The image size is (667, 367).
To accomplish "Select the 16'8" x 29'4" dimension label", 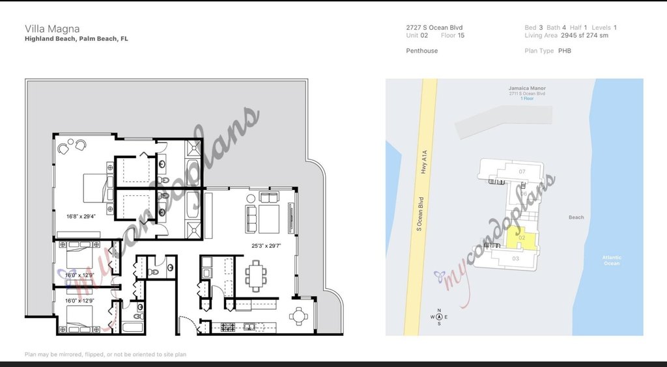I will (x=81, y=216).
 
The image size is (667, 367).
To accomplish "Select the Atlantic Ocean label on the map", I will (x=612, y=260).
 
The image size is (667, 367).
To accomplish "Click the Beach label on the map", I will (x=576, y=217).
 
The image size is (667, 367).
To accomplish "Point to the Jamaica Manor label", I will (x=527, y=88).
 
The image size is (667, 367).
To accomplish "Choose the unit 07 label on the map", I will (x=522, y=171).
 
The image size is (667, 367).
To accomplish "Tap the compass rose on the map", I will (x=439, y=317).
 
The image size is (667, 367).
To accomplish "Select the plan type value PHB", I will (x=564, y=51).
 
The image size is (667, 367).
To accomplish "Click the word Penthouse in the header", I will (x=421, y=51).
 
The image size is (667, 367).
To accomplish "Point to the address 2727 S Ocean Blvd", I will (x=434, y=28).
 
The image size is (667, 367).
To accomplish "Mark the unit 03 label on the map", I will (x=516, y=259).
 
